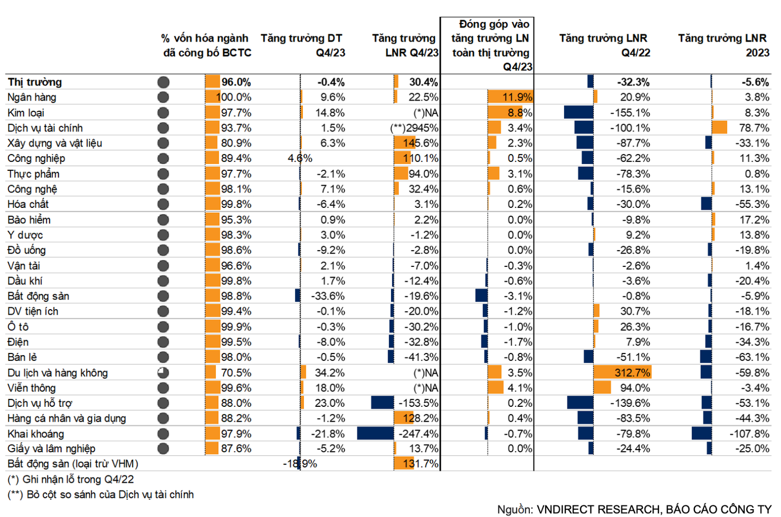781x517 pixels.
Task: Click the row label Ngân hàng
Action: coord(32,97)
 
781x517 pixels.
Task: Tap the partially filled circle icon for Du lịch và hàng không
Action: coord(163,373)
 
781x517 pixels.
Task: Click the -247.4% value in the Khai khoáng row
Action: coord(418,434)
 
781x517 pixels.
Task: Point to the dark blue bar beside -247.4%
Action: coord(375,433)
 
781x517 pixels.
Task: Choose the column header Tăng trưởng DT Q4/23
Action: coord(302,46)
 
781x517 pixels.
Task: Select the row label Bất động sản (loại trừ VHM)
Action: coord(73,464)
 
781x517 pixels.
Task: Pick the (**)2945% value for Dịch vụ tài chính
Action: coord(414,128)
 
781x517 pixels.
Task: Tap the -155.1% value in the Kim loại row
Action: coord(630,113)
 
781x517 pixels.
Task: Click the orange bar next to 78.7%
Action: coord(720,128)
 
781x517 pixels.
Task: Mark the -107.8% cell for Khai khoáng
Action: coord(750,434)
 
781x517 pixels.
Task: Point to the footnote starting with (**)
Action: coord(101,495)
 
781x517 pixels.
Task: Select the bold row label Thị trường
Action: coord(35,82)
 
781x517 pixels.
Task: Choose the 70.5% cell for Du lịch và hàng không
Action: coord(236,373)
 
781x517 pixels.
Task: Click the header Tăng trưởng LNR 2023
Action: coord(723,46)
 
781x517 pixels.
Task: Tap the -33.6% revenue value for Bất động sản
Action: coord(328,296)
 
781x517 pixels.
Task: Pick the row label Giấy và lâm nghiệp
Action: coord(51,448)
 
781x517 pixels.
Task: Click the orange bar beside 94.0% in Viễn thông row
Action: coord(602,388)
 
